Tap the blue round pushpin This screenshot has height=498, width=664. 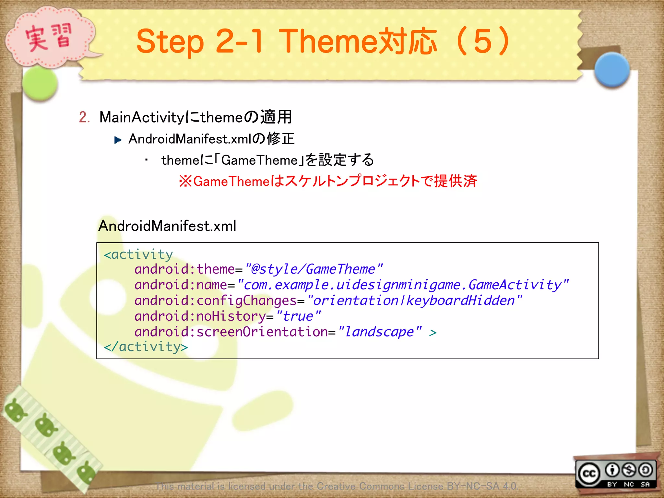pos(612,70)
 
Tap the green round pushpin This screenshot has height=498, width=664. pos(41,83)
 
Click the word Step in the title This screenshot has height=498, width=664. pos(170,41)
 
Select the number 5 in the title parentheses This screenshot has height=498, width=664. pos(483,41)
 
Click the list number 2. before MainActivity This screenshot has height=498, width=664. pos(84,117)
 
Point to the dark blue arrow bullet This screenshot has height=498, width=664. pos(118,140)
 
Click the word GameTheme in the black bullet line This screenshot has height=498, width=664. pos(259,160)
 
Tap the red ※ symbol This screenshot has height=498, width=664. pos(185,181)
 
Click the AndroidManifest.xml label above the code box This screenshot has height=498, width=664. pos(167,226)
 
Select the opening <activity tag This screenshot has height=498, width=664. pos(138,255)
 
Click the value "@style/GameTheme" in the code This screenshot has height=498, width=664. pos(314,269)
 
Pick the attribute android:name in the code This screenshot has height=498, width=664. pos(181,285)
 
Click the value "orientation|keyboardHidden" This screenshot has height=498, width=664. pos(414,301)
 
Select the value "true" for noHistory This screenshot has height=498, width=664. pos(298,316)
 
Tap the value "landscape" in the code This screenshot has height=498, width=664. pos(379,332)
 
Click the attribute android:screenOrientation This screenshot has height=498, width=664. pos(231,332)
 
